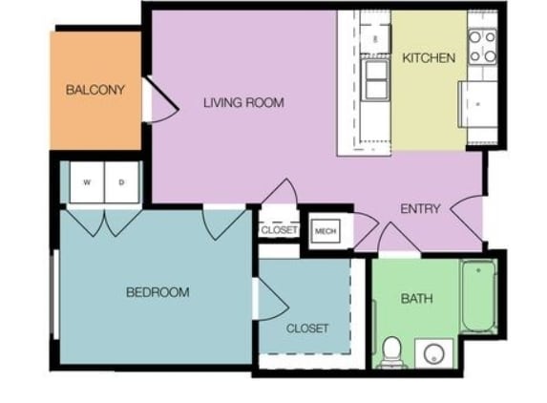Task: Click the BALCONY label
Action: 95,91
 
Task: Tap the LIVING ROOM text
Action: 243,102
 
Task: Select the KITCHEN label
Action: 429,58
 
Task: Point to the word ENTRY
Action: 420,209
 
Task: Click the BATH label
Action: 416,299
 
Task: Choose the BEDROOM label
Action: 158,292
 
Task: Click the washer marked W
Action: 86,181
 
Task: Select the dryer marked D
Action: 121,181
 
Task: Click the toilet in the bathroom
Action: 390,351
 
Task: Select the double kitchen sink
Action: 376,78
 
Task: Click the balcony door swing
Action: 160,102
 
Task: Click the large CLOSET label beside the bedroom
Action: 307,329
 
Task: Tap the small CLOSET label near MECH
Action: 279,230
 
